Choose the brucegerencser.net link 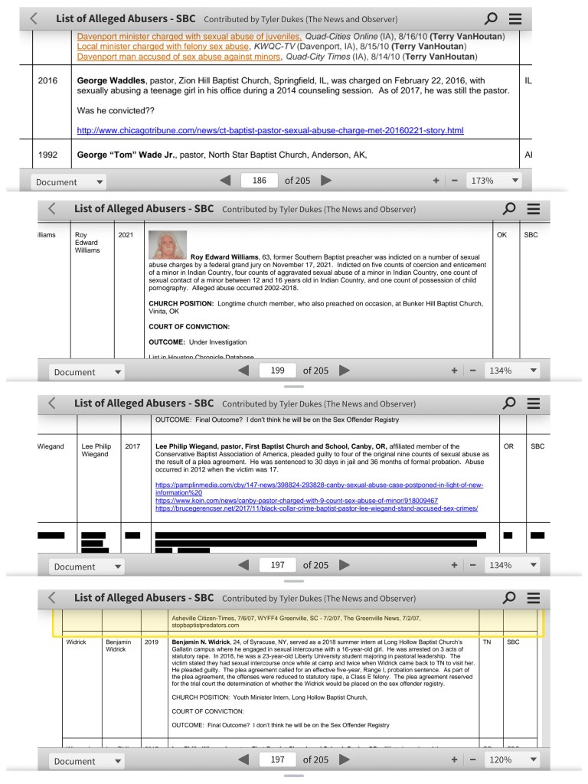click(316, 508)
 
